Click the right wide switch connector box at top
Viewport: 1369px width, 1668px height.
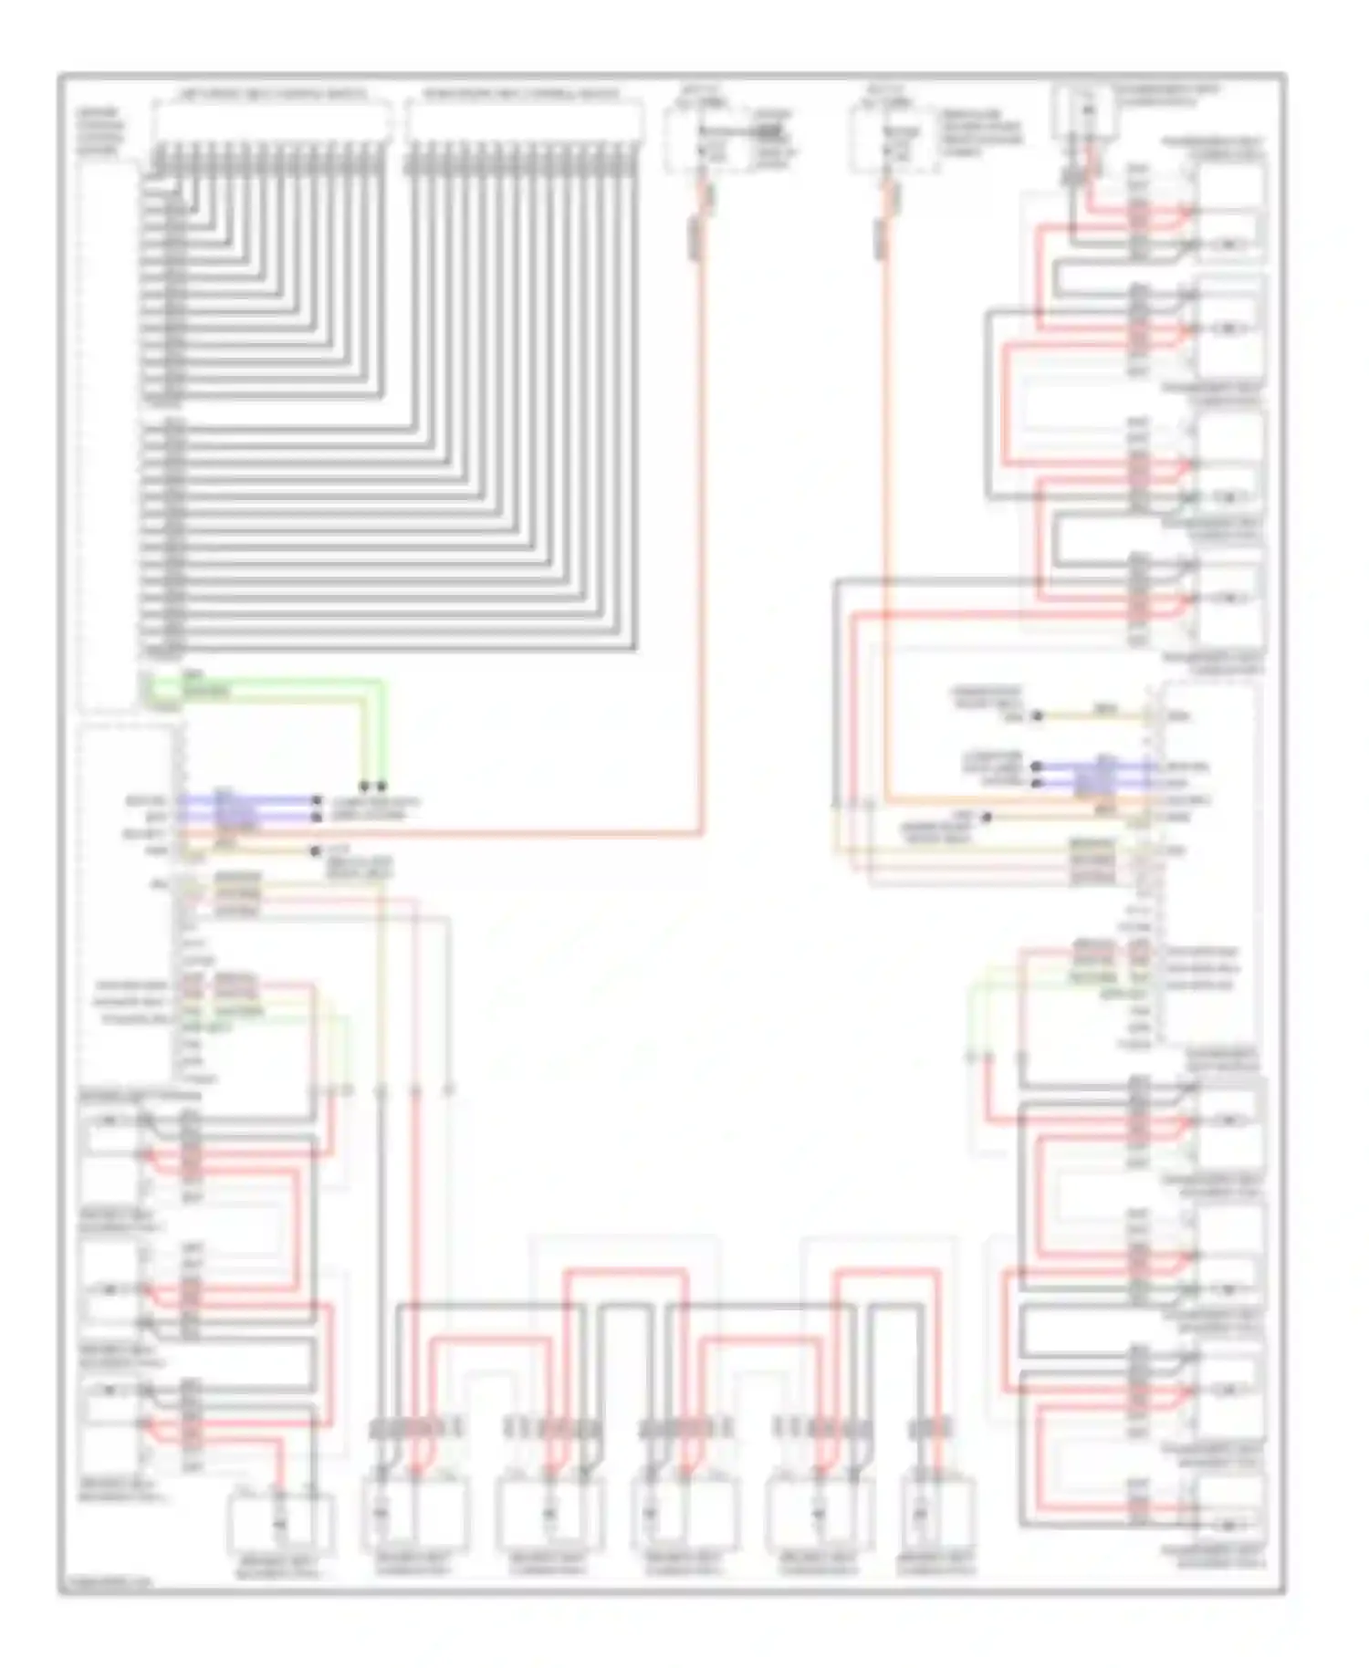pyautogui.click(x=524, y=122)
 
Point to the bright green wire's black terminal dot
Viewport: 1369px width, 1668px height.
pyautogui.click(x=381, y=786)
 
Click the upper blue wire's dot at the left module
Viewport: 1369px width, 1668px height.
pyautogui.click(x=317, y=800)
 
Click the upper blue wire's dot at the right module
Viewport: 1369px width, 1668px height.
pyautogui.click(x=1037, y=767)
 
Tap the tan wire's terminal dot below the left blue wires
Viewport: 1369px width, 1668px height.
pyautogui.click(x=315, y=850)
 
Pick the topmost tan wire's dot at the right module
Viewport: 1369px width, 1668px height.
pyautogui.click(x=1037, y=716)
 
